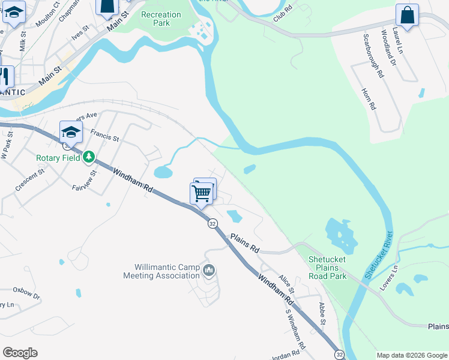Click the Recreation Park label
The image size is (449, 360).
(160, 19)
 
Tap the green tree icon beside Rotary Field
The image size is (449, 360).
(89, 157)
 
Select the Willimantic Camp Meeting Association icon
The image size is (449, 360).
(209, 271)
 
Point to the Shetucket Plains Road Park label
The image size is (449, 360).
(328, 268)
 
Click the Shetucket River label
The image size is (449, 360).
(378, 254)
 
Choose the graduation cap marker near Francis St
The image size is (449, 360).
(70, 132)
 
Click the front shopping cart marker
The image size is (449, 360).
(201, 193)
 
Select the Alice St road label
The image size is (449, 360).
(286, 281)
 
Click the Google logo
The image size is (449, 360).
(20, 353)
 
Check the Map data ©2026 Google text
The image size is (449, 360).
(411, 355)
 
